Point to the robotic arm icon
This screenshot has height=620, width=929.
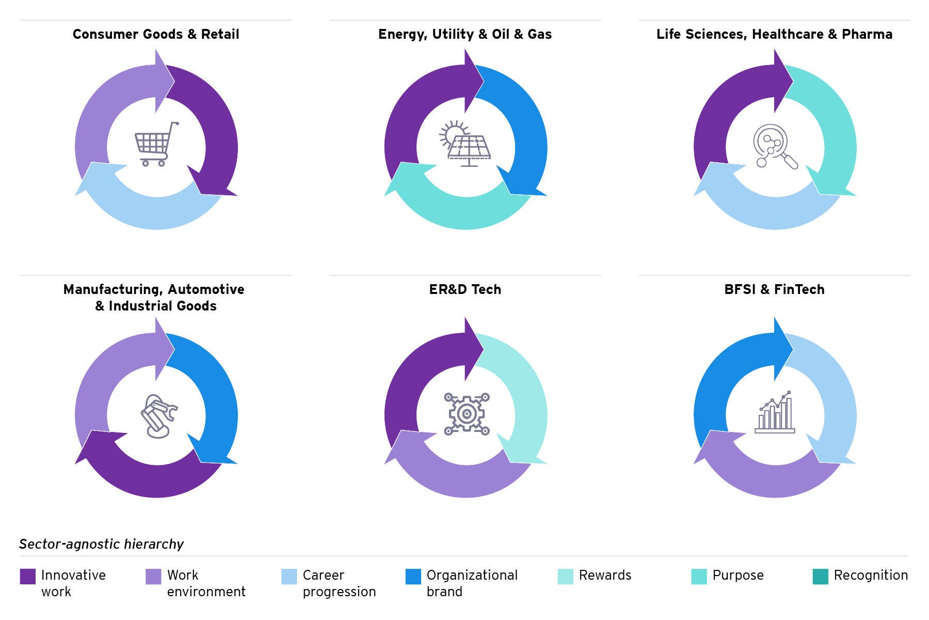tap(158, 416)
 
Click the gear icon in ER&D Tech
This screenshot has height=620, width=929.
tap(467, 414)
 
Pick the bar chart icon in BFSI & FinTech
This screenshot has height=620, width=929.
tap(775, 413)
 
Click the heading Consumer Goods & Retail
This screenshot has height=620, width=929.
tap(156, 34)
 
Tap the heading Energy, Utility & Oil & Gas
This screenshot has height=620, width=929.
tap(465, 34)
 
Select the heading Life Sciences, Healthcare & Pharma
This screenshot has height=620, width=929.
tap(774, 34)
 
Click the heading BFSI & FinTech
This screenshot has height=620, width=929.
tap(774, 289)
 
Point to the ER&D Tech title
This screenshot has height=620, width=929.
tap(465, 289)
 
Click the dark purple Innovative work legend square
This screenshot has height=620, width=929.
tap(28, 577)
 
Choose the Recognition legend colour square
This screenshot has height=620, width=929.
tap(820, 577)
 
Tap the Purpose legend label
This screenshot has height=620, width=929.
tap(738, 575)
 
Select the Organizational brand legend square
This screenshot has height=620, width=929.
tap(413, 577)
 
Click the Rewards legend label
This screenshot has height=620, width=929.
tap(605, 575)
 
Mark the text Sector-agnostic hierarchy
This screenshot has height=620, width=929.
tap(101, 544)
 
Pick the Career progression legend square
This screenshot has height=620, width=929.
tap(289, 577)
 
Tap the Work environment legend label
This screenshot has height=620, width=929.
tap(205, 583)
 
